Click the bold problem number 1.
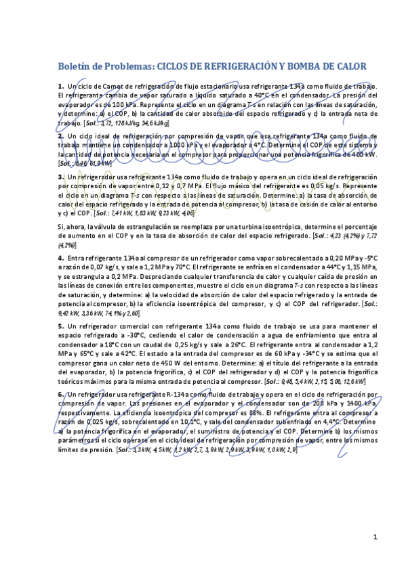(x=60, y=86)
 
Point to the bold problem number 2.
(x=60, y=135)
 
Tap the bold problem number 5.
(x=60, y=326)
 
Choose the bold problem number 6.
(x=60, y=393)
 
